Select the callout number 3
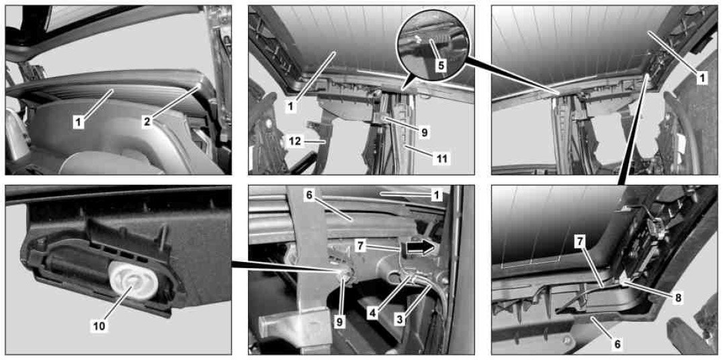[x=400, y=318]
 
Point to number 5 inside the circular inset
[x=441, y=66]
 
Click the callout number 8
[x=677, y=298]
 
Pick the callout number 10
[x=99, y=326]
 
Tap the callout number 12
[x=296, y=142]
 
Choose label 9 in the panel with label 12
[x=424, y=133]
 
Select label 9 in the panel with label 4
[x=340, y=322]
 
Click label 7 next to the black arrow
[x=361, y=246]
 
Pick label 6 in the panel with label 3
[x=309, y=195]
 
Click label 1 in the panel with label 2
[x=79, y=122]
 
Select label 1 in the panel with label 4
[x=434, y=195]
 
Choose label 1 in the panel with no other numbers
[x=701, y=79]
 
